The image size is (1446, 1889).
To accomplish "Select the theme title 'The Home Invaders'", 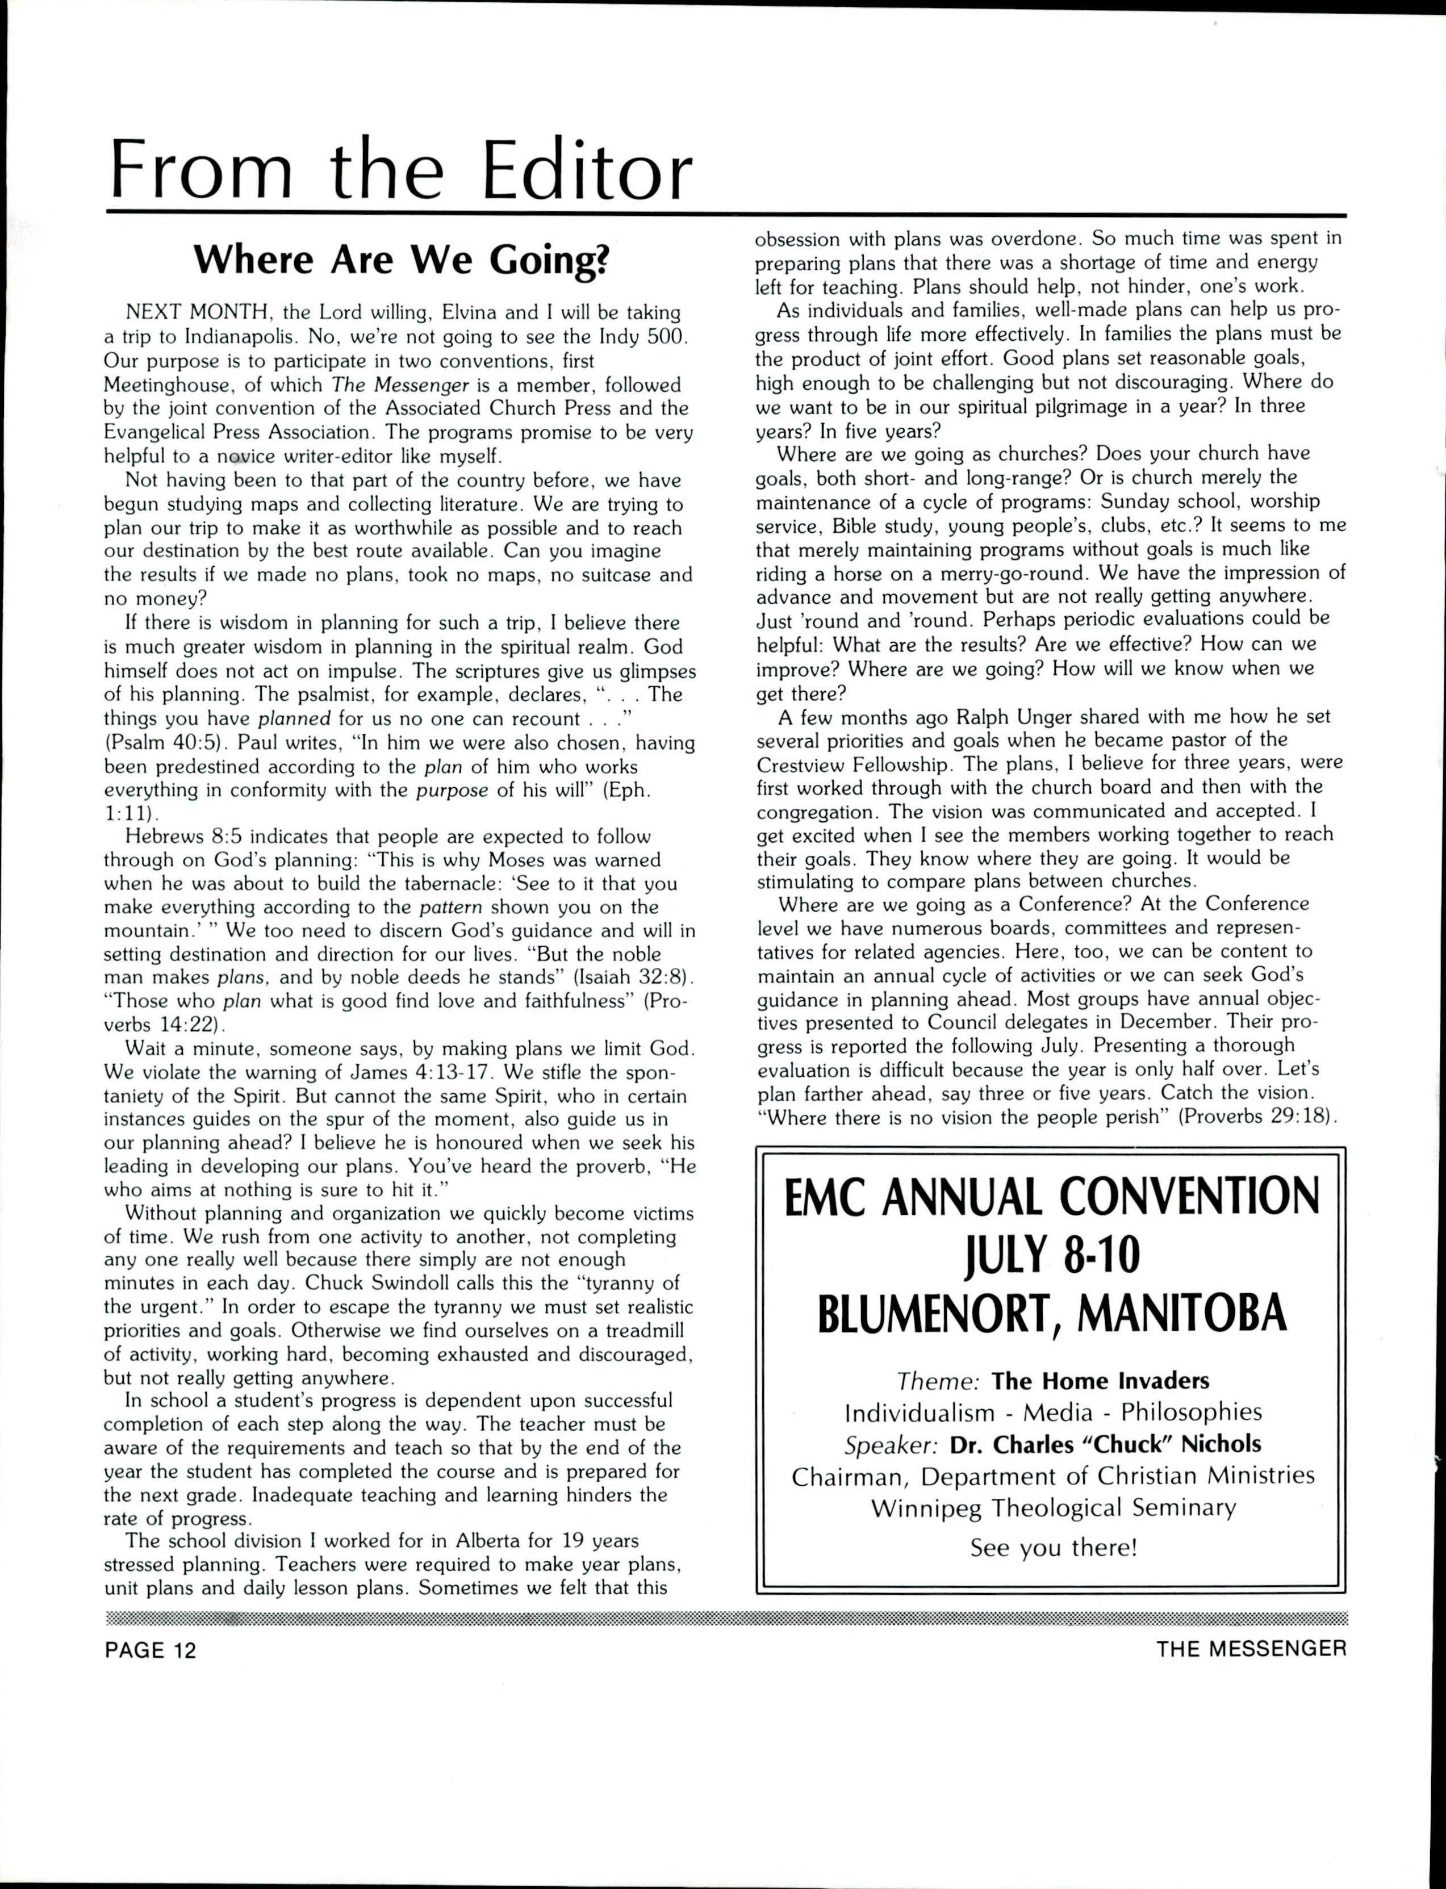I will (x=1100, y=1381).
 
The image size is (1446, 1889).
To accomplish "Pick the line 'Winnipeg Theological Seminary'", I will (x=1052, y=1508).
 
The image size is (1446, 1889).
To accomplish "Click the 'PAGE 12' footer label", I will (x=151, y=1650).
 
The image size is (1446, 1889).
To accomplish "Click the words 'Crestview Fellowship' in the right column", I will (x=851, y=764).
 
